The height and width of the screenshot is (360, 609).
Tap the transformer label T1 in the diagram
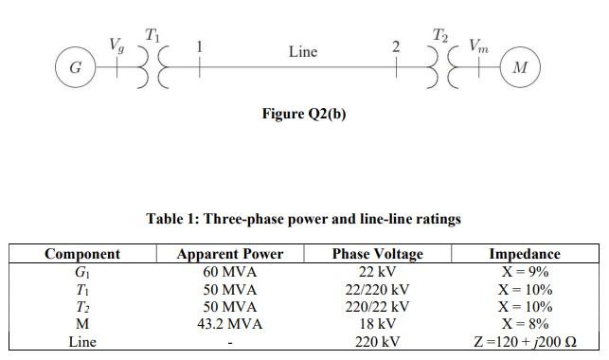tap(152, 36)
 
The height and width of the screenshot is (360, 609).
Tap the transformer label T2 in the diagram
tap(439, 36)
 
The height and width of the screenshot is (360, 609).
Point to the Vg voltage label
tap(116, 44)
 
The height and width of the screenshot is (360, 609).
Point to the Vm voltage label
tap(480, 44)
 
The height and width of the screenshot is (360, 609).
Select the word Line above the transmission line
tap(302, 51)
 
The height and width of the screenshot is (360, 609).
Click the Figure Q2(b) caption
tap(303, 114)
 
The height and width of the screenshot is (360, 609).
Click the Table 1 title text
tap(303, 219)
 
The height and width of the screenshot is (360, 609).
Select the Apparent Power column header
tap(229, 254)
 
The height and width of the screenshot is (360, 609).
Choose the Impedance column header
tap(524, 254)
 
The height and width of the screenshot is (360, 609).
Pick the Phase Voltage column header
tap(377, 254)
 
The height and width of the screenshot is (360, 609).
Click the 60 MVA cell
tap(229, 272)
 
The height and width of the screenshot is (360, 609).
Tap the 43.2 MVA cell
tap(229, 324)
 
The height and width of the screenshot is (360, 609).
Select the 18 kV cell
tap(377, 324)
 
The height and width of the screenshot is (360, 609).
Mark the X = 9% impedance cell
tap(524, 272)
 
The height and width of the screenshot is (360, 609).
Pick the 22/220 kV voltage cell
tap(377, 289)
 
